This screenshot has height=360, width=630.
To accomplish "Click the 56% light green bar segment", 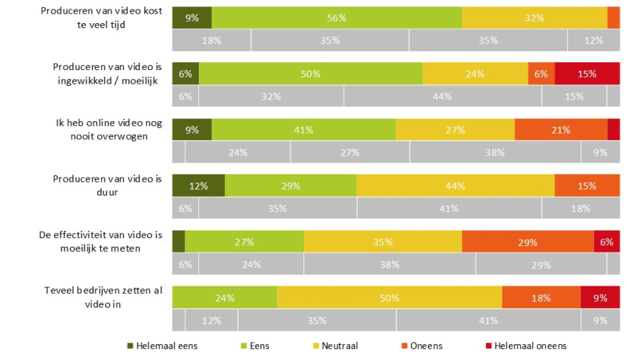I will [x=337, y=17].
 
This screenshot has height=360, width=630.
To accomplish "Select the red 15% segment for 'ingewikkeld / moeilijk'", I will [x=587, y=74].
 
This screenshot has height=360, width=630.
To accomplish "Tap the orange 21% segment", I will [x=561, y=130].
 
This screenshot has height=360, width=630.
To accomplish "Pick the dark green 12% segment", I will [x=198, y=185].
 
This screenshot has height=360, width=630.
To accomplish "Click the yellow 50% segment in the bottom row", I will [x=389, y=297].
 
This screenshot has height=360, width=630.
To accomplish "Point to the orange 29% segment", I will [x=528, y=242].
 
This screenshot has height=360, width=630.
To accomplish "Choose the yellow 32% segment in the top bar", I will [x=534, y=17].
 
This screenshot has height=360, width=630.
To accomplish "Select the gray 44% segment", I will [x=443, y=96].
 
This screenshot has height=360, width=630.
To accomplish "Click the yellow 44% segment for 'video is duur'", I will [x=455, y=185].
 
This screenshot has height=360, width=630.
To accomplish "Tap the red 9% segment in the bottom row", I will [x=600, y=297].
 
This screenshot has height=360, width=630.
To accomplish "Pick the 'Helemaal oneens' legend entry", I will [x=529, y=345].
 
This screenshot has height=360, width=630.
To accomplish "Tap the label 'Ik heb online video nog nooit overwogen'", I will [x=110, y=129].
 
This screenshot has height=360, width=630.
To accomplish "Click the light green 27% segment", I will [x=244, y=242].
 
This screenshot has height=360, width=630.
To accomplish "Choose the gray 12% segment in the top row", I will [x=593, y=40].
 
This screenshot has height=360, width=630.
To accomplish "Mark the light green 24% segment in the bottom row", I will [x=225, y=297].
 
